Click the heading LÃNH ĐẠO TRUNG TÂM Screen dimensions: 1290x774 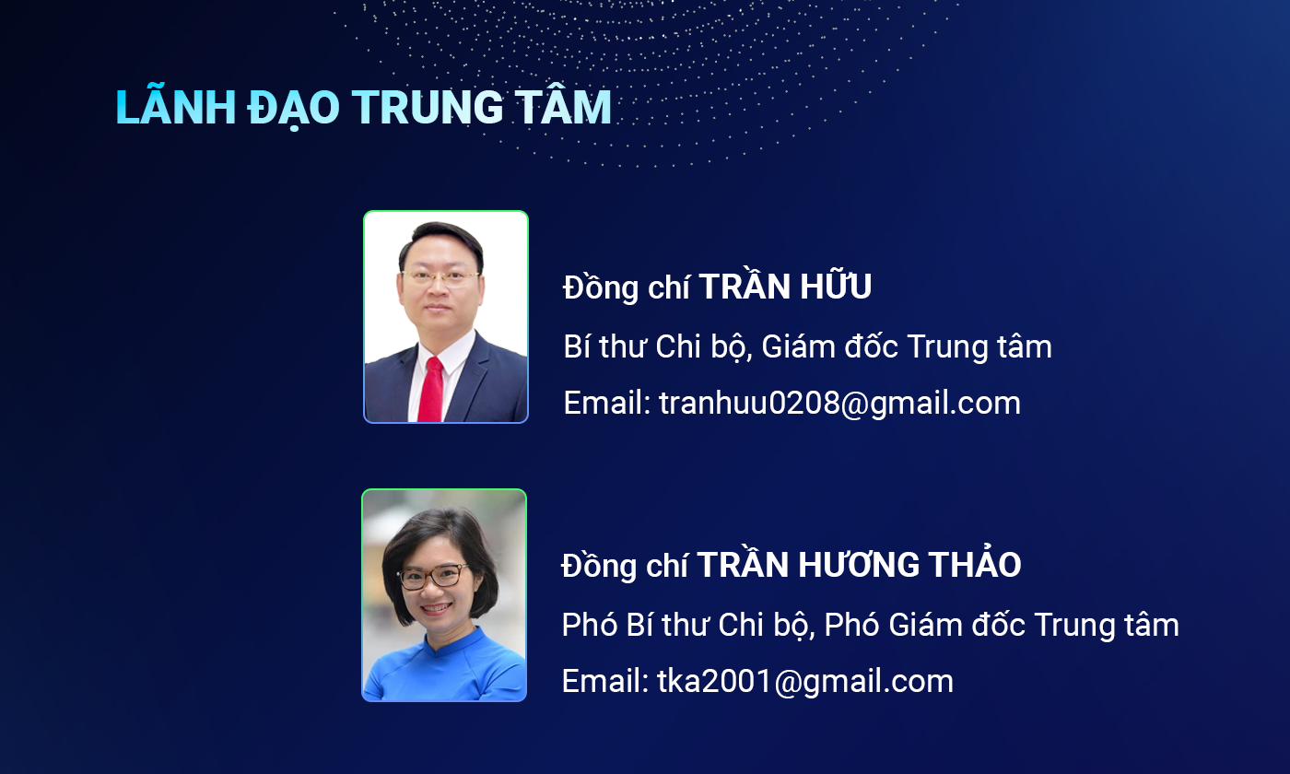point(363,107)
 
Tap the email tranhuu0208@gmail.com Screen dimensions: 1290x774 point(839,403)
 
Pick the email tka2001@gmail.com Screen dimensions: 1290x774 point(805,681)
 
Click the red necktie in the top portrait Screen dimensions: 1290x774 point(431,390)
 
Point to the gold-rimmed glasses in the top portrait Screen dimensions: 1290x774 point(440,278)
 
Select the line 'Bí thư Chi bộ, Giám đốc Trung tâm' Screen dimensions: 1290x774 point(807,346)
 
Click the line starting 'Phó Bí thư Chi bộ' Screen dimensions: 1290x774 point(870,625)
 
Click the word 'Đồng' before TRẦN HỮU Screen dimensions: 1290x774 point(601,287)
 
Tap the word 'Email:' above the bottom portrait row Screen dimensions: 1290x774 point(607,403)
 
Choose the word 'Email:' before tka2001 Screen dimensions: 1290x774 point(605,681)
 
